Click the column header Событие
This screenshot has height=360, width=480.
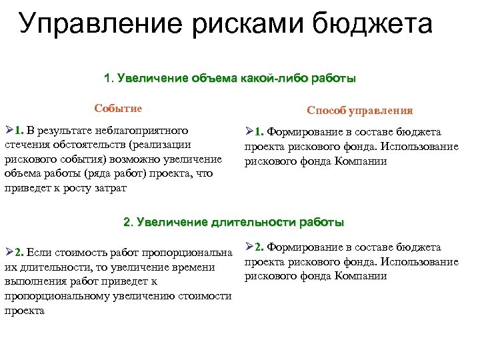[x=118, y=108]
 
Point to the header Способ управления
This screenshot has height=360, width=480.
[x=359, y=111]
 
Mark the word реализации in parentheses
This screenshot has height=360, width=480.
[x=163, y=145]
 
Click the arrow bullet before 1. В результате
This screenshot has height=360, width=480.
[x=9, y=130]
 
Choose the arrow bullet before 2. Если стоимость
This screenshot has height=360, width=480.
[x=9, y=253]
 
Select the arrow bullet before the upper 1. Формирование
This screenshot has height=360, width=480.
[x=249, y=132]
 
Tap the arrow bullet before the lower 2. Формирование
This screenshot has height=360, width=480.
[x=249, y=247]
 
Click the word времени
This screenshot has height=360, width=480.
[x=195, y=267]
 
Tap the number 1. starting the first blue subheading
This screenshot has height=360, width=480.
[x=109, y=78]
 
